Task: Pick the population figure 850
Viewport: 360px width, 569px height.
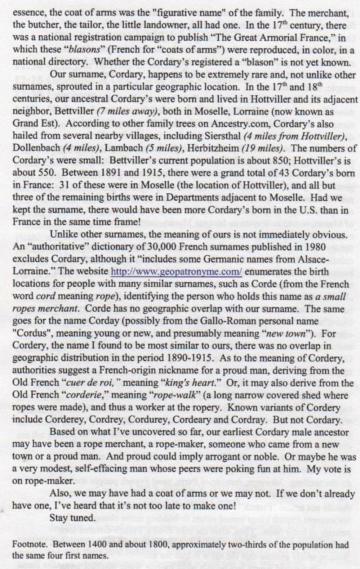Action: click(297, 161)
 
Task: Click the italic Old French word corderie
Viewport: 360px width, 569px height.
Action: click(85, 396)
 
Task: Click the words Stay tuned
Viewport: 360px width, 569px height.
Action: click(72, 518)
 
